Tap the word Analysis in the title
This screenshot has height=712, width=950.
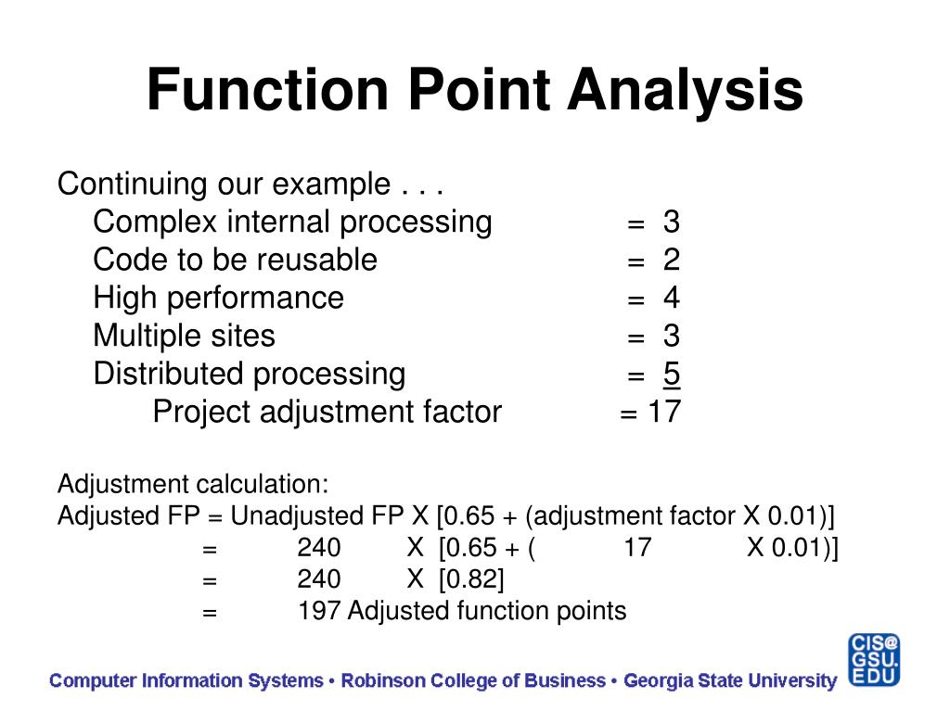click(686, 91)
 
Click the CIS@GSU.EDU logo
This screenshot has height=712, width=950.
click(872, 660)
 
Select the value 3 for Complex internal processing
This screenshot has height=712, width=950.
click(671, 222)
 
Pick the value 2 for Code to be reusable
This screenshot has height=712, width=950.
click(671, 261)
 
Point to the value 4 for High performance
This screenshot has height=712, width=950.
click(671, 299)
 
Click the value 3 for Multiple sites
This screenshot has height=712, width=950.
click(671, 336)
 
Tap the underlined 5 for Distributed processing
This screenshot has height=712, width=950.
click(671, 374)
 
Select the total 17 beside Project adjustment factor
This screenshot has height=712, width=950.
click(664, 412)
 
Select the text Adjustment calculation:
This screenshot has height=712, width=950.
click(193, 484)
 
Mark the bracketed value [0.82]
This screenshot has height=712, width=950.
click(472, 579)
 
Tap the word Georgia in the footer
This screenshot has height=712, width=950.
click(660, 681)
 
